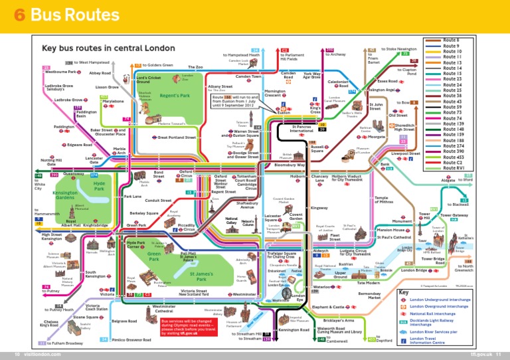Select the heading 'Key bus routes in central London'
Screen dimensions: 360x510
click(x=109, y=48)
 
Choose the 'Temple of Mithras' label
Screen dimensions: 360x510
click(x=384, y=199)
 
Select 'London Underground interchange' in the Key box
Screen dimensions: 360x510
click(x=442, y=300)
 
